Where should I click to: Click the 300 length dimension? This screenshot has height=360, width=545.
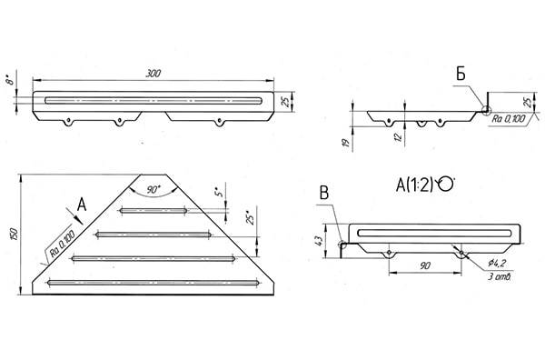pos(153,74)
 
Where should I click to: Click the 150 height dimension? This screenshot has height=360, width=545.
pos(14,234)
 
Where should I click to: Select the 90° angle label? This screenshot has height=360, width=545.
pos(153,190)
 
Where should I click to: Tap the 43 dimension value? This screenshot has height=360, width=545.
pos(319,241)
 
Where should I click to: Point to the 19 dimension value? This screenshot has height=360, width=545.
pos(346,143)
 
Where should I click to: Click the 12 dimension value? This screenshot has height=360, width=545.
pos(399,136)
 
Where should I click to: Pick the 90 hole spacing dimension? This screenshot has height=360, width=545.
pos(424,266)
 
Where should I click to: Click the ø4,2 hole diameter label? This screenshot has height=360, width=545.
pos(496,264)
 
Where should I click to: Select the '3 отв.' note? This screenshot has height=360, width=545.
pos(499,277)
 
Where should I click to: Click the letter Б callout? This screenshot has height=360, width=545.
pos(461,74)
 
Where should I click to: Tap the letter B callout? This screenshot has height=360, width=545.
pos(324,194)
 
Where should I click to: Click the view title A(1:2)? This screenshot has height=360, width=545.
pos(415,185)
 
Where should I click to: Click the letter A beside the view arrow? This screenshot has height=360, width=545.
pos(82,205)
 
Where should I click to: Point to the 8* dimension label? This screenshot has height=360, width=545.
pos(10,80)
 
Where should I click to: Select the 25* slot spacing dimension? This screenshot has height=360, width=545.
pos(252,216)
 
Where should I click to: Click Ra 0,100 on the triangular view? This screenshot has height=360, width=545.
pos(63,243)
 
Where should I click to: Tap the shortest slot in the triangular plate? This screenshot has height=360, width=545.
pos(154,210)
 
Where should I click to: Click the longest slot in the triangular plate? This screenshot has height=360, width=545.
pos(153,283)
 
